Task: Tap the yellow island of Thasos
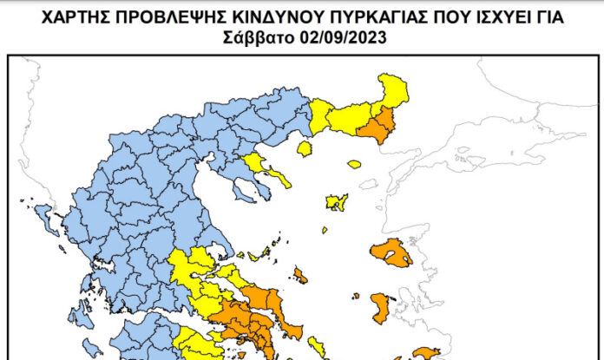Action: [304, 149]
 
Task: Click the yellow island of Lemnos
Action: [337, 202]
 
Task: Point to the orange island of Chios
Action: [381, 307]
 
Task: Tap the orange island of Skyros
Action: [300, 276]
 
